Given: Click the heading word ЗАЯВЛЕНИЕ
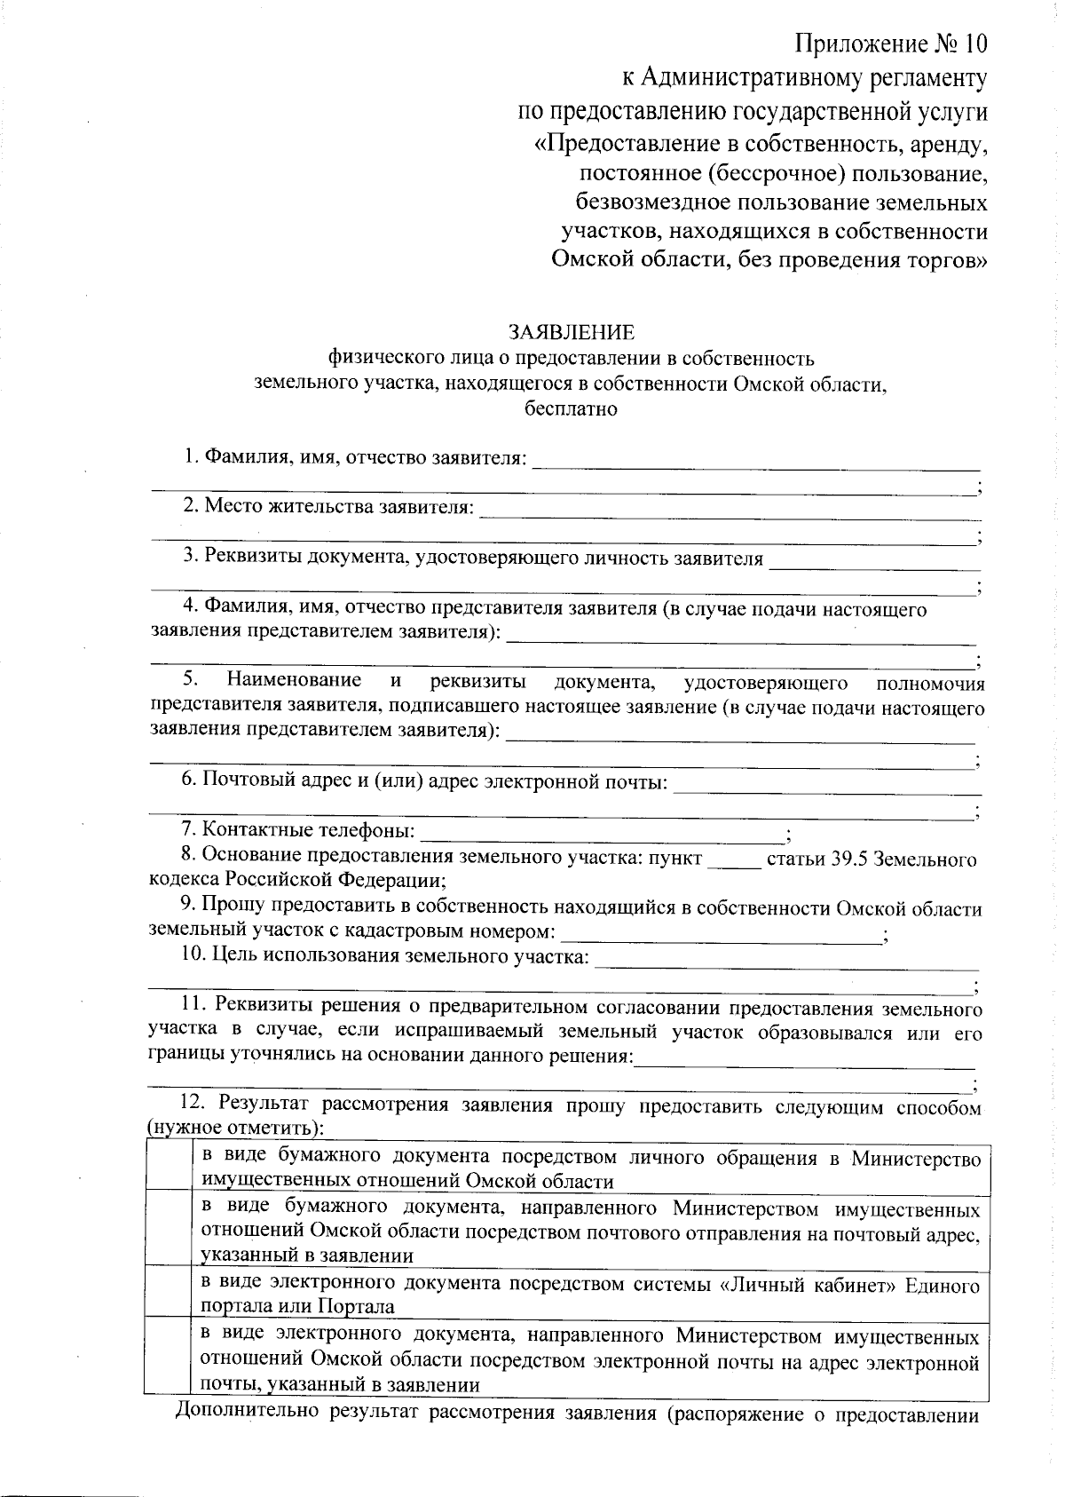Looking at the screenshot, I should [x=572, y=332].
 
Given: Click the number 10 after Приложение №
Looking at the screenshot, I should [x=974, y=44].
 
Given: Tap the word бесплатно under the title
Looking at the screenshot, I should [x=572, y=409].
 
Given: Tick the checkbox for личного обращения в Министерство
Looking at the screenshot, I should [x=168, y=1168].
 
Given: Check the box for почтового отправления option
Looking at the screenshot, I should [x=168, y=1229].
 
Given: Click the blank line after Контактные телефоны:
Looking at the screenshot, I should [x=602, y=835].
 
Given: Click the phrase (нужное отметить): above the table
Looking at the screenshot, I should [x=236, y=1129].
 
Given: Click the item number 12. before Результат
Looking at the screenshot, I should [x=193, y=1104].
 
